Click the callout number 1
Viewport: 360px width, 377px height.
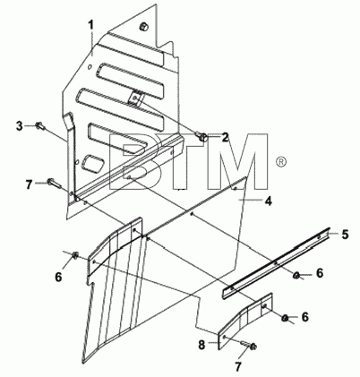click(x=90, y=25)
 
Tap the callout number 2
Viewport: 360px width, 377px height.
click(x=225, y=137)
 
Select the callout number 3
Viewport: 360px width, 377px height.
click(x=20, y=126)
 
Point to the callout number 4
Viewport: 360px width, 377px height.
click(x=269, y=201)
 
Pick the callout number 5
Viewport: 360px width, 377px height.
click(x=345, y=235)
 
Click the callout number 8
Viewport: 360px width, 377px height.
click(x=201, y=346)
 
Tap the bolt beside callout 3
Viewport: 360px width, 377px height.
click(x=41, y=126)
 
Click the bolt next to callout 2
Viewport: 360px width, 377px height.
click(x=202, y=137)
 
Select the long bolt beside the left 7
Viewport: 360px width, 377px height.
click(x=55, y=184)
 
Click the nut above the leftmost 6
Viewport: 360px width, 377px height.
click(x=75, y=255)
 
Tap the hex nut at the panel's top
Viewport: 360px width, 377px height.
click(x=143, y=27)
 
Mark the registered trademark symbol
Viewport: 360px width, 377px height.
click(x=281, y=162)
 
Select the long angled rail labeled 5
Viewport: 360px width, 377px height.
click(x=276, y=263)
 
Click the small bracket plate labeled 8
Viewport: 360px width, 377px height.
click(x=245, y=321)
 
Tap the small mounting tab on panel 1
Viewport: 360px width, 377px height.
click(x=136, y=98)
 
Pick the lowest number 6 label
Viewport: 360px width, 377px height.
click(x=304, y=317)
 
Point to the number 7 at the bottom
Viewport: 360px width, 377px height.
click(x=238, y=367)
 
